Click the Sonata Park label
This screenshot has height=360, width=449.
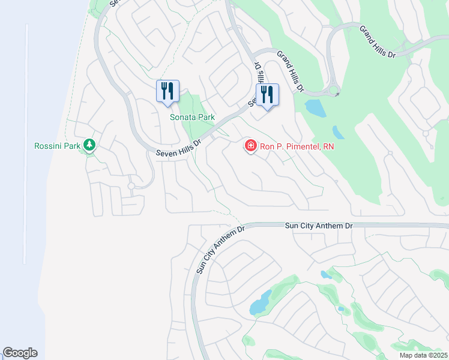(192, 117)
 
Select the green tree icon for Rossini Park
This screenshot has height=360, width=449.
(89, 145)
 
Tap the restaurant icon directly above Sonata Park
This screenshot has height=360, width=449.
(167, 91)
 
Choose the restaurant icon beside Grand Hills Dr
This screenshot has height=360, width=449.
(267, 94)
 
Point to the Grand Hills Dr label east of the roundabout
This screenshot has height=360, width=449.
(378, 41)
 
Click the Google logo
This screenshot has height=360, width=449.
(20, 353)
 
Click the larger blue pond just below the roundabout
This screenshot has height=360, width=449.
(314, 108)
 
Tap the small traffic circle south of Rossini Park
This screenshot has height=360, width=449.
(131, 186)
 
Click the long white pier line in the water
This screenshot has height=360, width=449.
(26, 144)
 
